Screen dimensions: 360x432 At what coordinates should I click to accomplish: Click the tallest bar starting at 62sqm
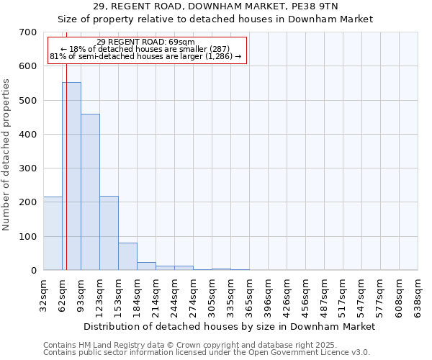tap(71, 176)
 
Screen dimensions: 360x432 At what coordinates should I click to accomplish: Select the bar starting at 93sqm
tap(90, 192)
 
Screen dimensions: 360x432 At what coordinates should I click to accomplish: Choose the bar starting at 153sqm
tap(127, 256)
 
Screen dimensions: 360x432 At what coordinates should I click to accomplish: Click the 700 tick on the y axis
tap(28, 32)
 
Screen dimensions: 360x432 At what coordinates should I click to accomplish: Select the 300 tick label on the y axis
tap(28, 168)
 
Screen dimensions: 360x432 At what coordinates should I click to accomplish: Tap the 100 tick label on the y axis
tap(28, 237)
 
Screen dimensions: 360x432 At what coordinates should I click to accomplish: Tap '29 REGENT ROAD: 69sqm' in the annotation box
tap(145, 42)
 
